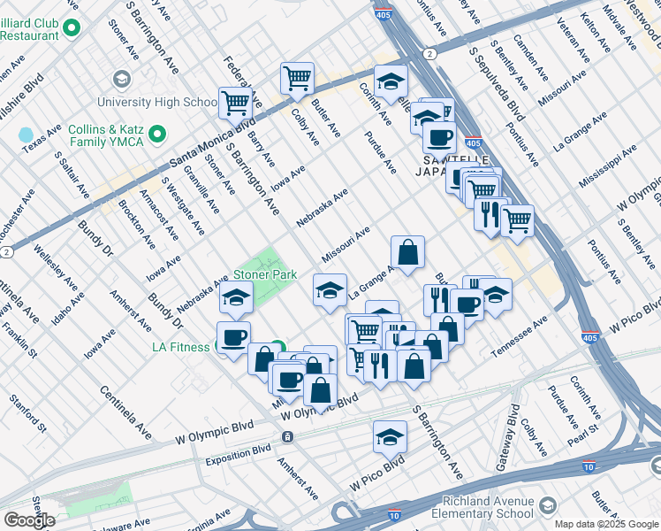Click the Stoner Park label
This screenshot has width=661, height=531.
264,275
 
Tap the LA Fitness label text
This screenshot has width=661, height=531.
183,347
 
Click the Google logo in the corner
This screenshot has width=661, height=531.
29,520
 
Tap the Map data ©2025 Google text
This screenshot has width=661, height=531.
605,524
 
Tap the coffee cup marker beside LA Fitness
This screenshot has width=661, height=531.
234,338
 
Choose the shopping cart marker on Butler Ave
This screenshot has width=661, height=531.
298,78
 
